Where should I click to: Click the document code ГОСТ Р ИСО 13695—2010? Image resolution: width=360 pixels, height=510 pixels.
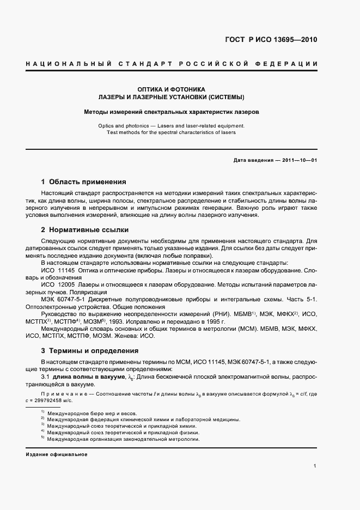271,40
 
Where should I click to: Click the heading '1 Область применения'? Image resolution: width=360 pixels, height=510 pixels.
84,181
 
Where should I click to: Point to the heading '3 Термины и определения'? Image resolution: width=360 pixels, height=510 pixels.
90,350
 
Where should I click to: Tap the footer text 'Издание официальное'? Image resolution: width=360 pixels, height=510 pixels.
57,454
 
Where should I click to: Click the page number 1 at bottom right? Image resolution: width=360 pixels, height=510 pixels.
315,466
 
